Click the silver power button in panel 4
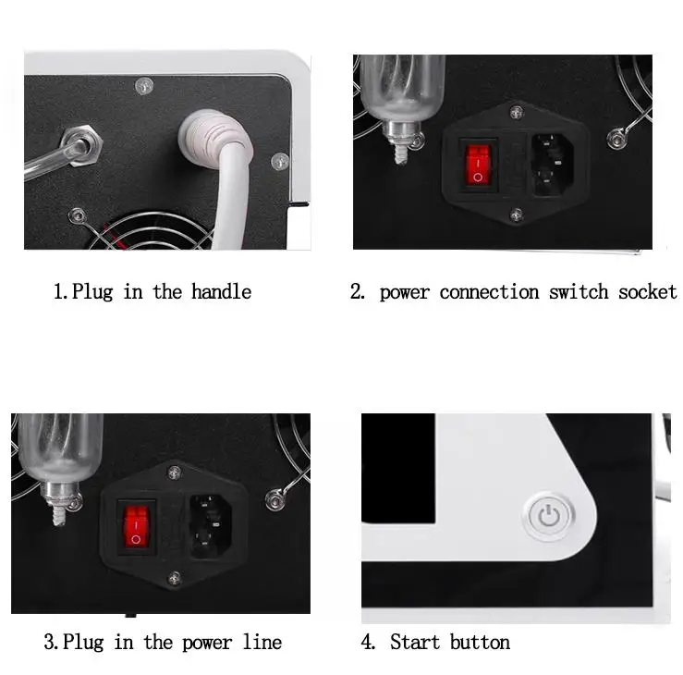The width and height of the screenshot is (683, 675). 549,516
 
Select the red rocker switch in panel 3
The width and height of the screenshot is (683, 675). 136,523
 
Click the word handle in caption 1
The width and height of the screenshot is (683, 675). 221,292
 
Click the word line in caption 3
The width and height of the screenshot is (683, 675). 261,642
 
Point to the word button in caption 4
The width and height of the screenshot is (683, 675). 480,642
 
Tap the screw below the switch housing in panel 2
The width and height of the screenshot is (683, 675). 516,215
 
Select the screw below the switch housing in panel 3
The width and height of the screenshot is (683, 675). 173,580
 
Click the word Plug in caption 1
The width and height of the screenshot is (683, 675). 93,292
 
